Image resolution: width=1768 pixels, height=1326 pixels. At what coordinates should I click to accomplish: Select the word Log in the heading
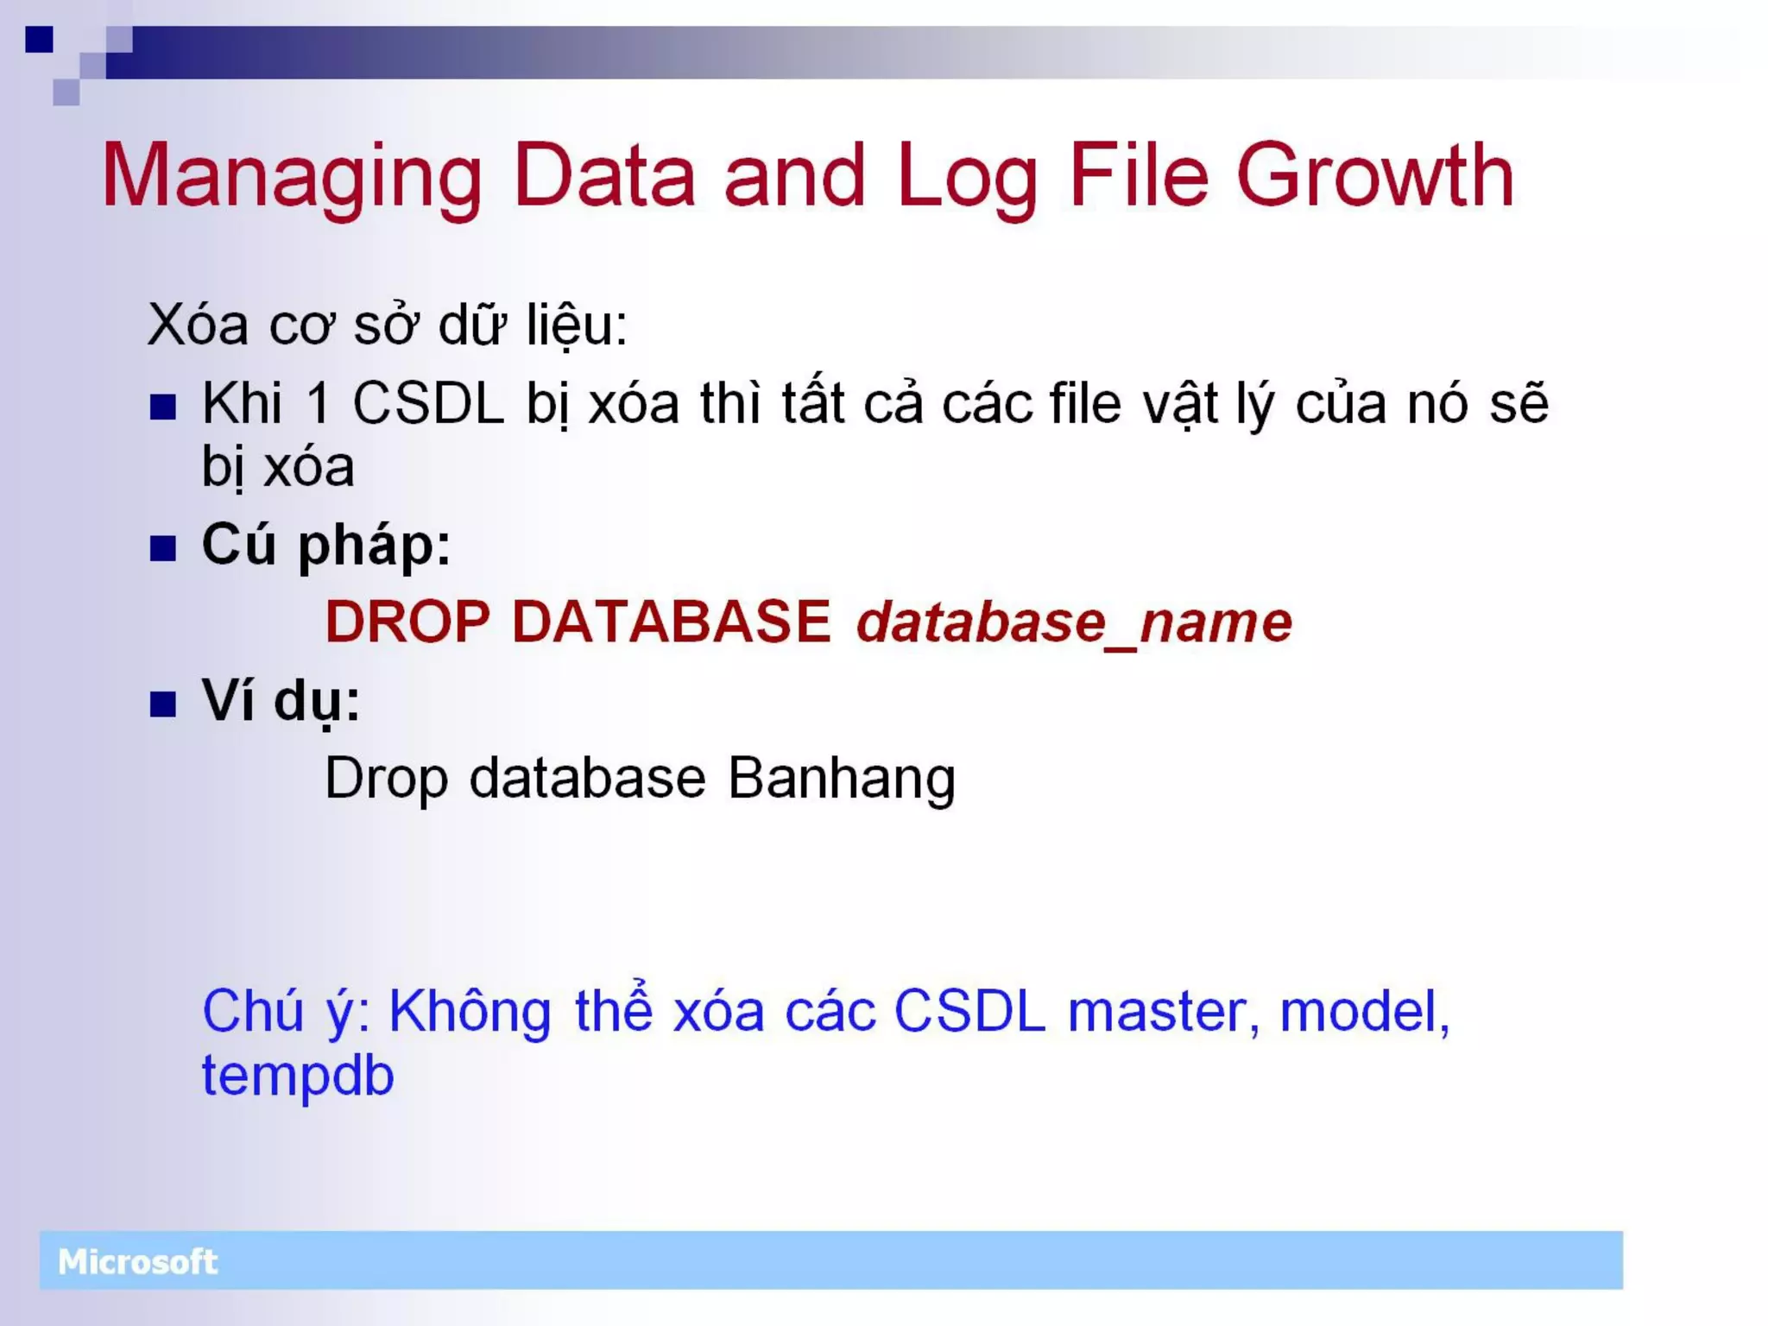click(x=967, y=177)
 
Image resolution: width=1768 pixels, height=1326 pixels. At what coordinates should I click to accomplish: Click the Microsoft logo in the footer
click(x=137, y=1262)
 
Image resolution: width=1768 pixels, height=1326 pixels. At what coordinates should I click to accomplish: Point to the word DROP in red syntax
click(x=407, y=622)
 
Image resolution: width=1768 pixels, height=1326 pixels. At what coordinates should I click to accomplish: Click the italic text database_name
click(x=1073, y=623)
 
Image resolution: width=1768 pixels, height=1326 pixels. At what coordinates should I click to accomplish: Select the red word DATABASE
click(x=671, y=622)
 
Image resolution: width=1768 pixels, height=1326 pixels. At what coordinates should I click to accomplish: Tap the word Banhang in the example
click(x=841, y=779)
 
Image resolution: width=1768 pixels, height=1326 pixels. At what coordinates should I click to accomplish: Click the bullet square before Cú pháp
click(x=162, y=548)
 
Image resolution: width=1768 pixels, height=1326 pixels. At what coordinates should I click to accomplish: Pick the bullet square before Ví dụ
click(x=162, y=704)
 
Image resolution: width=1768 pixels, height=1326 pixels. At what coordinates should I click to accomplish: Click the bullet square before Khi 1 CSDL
click(x=162, y=407)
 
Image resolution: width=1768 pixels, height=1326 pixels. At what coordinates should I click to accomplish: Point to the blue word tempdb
click(x=298, y=1077)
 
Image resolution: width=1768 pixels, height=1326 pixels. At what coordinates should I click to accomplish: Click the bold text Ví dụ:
click(x=281, y=702)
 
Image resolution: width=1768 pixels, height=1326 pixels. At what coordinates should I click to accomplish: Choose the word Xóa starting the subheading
click(x=198, y=325)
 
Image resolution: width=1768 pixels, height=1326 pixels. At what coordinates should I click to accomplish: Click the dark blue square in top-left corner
click(x=39, y=39)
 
